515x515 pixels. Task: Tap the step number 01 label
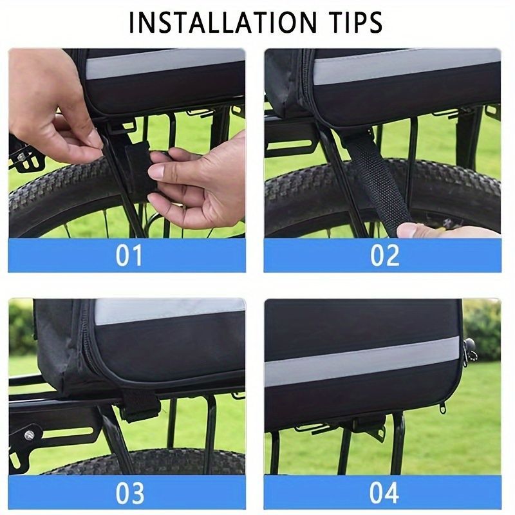click(x=129, y=255)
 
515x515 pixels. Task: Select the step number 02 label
click(x=384, y=255)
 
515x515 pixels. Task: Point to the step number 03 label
click(x=130, y=492)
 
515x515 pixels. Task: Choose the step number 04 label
click(x=384, y=492)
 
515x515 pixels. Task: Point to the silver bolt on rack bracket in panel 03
click(x=29, y=436)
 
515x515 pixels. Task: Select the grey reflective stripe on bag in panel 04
click(x=361, y=360)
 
